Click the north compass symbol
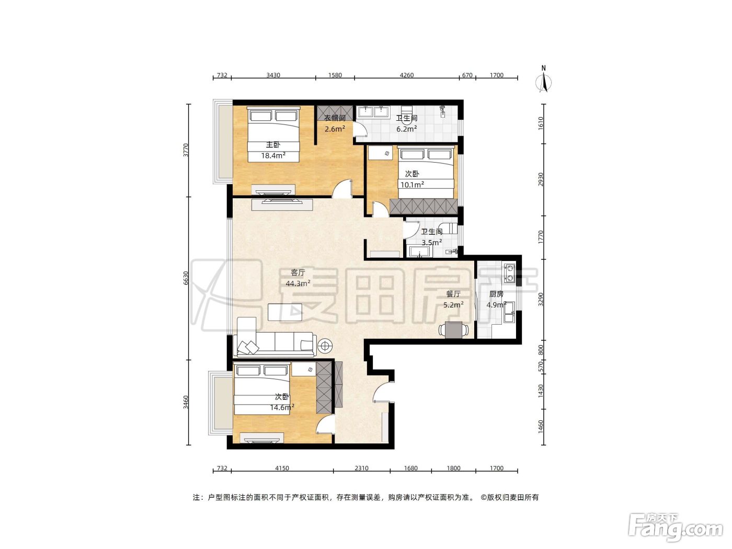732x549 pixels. [x=543, y=79]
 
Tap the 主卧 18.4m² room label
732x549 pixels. [x=273, y=150]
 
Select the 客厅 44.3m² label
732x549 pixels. [x=298, y=278]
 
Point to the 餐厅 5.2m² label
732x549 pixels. [x=453, y=299]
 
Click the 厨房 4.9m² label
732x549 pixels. [x=496, y=299]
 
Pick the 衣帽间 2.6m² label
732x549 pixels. [x=335, y=123]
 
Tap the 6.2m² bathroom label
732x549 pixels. [x=406, y=123]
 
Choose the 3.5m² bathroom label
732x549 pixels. [x=432, y=237]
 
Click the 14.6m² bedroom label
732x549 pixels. [x=282, y=402]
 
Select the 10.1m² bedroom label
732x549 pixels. [x=412, y=179]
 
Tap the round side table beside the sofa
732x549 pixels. [x=325, y=346]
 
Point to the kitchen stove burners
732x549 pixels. [x=510, y=272]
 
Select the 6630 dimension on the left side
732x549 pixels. [x=186, y=278]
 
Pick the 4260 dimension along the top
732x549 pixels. [x=406, y=75]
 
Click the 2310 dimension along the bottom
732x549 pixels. [x=361, y=468]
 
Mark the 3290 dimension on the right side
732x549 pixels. [x=541, y=299]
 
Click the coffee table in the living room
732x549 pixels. [x=285, y=312]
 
